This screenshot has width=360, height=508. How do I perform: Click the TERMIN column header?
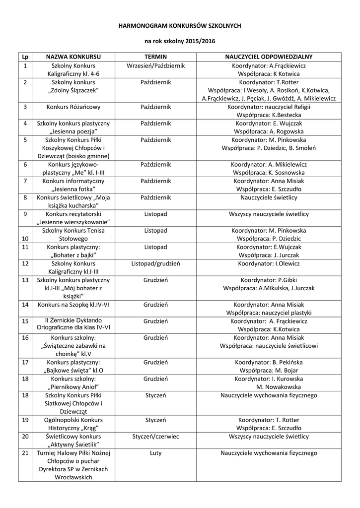[x=155, y=57]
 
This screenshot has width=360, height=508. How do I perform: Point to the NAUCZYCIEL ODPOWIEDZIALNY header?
[x=269, y=57]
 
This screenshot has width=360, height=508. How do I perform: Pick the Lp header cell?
[x=25, y=57]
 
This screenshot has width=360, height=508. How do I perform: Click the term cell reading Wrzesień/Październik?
[x=155, y=65]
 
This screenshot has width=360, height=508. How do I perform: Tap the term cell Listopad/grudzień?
[x=155, y=263]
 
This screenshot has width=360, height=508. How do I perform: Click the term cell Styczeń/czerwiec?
[x=155, y=437]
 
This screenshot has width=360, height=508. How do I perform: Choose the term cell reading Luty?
[x=155, y=453]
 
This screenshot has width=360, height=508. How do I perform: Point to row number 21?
[x=25, y=453]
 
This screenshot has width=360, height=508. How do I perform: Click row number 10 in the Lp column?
[x=25, y=239]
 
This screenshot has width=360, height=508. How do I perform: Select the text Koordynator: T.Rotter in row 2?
[x=269, y=82]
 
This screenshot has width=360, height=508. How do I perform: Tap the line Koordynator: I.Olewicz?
[x=269, y=263]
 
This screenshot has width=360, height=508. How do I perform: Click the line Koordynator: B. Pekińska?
[x=269, y=362]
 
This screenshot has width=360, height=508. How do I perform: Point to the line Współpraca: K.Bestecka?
[x=269, y=115]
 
